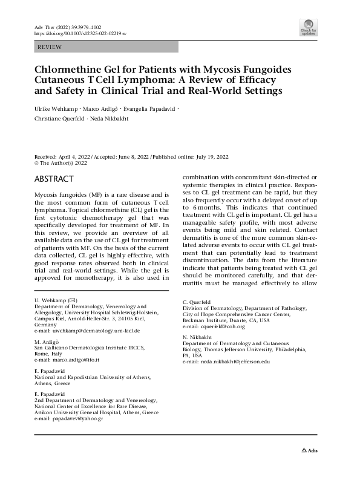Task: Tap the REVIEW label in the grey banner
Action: (x=50, y=47)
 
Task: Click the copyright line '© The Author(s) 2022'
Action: (x=61, y=162)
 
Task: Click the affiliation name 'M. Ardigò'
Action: (x=47, y=342)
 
